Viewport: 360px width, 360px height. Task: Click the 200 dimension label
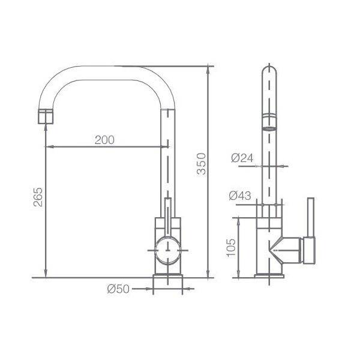[x=104, y=140]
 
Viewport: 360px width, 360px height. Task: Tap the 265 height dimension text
[x=38, y=197]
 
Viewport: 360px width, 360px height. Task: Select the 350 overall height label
[x=202, y=164]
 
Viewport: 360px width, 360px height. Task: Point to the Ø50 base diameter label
[x=118, y=289]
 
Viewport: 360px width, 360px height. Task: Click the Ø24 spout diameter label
[x=242, y=158]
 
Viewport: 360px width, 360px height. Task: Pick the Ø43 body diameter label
[x=240, y=196]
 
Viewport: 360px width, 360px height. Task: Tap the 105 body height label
[x=231, y=248]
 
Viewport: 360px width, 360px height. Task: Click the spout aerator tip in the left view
[x=46, y=116]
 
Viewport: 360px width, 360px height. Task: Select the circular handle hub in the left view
[x=168, y=250]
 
